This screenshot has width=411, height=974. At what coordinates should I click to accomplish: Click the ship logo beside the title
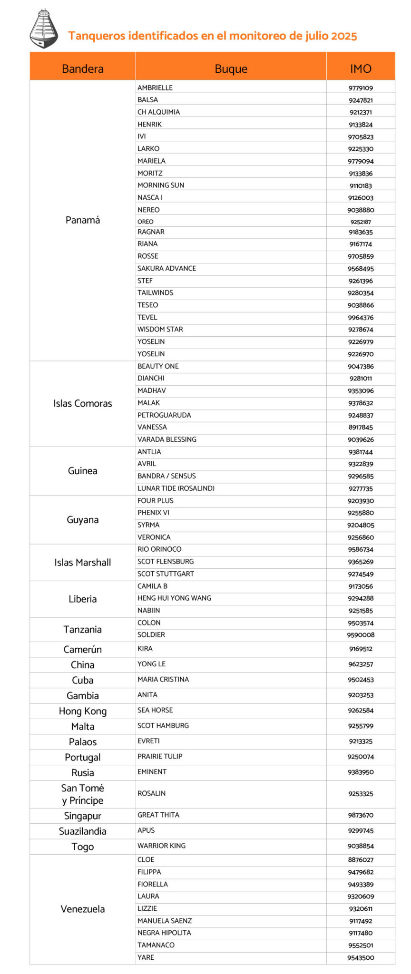(x=44, y=29)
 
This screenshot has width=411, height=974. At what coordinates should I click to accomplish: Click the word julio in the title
(x=310, y=36)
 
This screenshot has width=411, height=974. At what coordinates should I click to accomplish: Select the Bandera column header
(x=82, y=69)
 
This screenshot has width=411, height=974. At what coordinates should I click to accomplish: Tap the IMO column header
(x=361, y=69)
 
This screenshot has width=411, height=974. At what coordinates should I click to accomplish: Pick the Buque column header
(x=231, y=69)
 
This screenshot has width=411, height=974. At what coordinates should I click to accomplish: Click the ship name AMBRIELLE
(x=155, y=88)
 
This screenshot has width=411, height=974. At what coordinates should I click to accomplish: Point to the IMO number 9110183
(x=361, y=186)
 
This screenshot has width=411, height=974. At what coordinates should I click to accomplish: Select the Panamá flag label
(x=82, y=220)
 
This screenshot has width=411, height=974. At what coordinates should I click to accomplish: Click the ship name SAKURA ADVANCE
(x=166, y=269)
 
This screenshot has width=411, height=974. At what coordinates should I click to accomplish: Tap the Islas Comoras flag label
(x=82, y=404)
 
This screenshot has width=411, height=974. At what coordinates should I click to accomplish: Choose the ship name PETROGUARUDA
(x=164, y=415)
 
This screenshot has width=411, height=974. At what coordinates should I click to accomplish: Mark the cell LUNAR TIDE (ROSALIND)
(x=176, y=488)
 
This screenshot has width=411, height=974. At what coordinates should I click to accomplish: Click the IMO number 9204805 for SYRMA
(x=361, y=526)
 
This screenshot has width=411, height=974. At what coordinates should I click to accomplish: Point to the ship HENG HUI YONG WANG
(x=174, y=598)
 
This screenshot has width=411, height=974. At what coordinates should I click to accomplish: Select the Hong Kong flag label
(x=82, y=711)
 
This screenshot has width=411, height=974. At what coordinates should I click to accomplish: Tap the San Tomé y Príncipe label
(x=82, y=794)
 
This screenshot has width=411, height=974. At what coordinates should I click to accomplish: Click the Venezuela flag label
(x=82, y=909)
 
